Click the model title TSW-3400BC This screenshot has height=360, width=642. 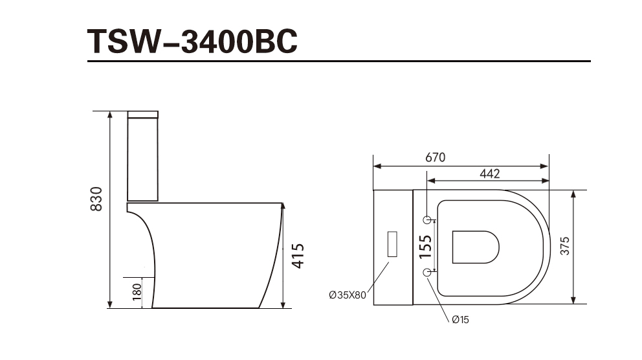tap(192, 41)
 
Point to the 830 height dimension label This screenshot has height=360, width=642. tap(96, 199)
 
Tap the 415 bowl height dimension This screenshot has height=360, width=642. tap(298, 256)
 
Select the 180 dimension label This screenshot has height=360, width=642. tap(137, 292)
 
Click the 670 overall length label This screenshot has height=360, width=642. tap(436, 157)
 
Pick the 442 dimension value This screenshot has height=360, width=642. tap(490, 174)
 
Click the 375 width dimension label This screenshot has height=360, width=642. tap(564, 246)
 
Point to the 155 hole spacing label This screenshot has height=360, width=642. tap(425, 247)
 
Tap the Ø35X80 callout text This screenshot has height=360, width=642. tap(348, 295)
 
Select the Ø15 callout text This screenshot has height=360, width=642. tap(461, 320)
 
